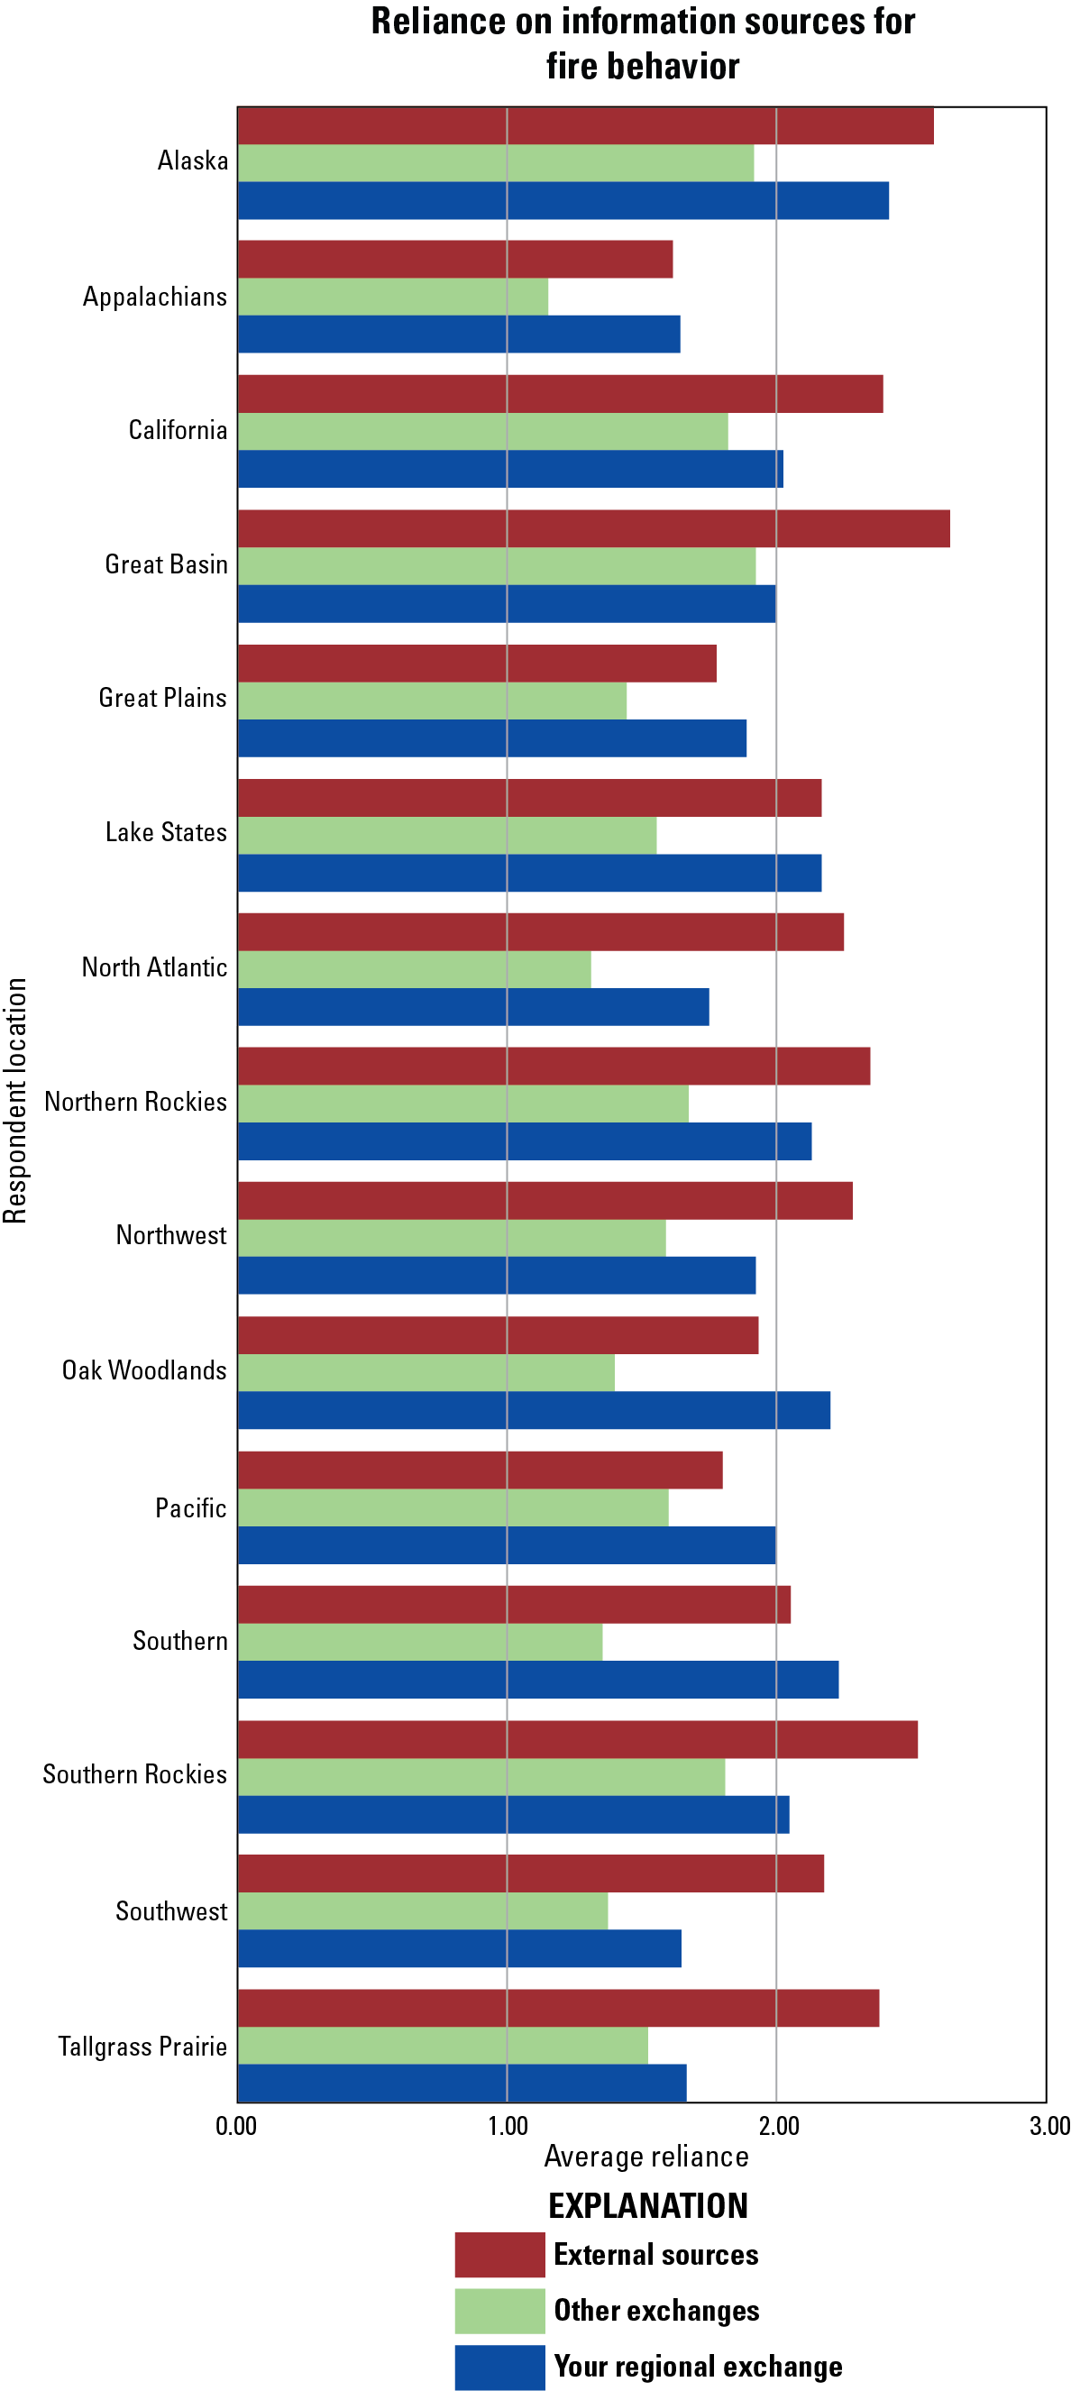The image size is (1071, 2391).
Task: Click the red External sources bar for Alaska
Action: tap(585, 126)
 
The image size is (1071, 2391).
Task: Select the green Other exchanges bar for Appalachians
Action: tap(392, 297)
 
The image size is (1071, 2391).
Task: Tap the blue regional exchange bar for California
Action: tap(509, 469)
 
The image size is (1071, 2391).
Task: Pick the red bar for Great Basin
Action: tap(593, 529)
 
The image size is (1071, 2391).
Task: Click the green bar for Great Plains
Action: tap(432, 701)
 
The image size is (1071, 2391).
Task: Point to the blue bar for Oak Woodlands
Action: tap(534, 1410)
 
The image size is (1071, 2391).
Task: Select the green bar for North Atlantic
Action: tap(414, 969)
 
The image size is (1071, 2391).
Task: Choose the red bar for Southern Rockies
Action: tap(577, 1739)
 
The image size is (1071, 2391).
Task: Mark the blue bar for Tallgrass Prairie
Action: tap(462, 2082)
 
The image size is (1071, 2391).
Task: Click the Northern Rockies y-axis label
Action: tap(135, 1102)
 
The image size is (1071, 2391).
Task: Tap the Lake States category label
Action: tap(166, 832)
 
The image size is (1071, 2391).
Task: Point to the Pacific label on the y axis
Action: tap(190, 1508)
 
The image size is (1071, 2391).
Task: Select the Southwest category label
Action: tap(170, 1911)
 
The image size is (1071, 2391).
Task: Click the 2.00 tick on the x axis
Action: tap(778, 2126)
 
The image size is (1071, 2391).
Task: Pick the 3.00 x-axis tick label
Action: tap(1048, 2126)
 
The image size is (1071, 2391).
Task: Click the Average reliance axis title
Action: tap(646, 2157)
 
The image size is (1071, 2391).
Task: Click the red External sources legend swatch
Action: tap(499, 2255)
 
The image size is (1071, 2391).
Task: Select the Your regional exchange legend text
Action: tap(698, 2366)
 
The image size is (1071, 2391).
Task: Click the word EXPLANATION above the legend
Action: tap(648, 2205)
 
